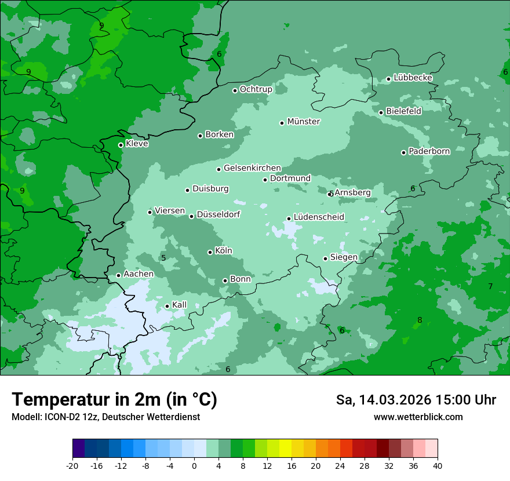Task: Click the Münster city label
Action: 304,122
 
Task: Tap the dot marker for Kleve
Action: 121,145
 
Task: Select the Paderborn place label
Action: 429,151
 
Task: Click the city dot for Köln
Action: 210,252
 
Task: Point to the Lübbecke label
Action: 413,78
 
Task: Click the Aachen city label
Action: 139,274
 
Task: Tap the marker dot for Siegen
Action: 325,258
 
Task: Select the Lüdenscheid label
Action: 319,217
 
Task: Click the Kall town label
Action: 180,305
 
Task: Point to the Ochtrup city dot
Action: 235,90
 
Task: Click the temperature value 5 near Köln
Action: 163,258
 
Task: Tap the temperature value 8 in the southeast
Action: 420,320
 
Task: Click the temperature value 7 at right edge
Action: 490,286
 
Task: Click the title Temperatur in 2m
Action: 115,400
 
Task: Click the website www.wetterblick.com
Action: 418,417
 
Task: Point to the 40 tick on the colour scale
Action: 437,465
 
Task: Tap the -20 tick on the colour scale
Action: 72,465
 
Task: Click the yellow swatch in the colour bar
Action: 285,449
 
